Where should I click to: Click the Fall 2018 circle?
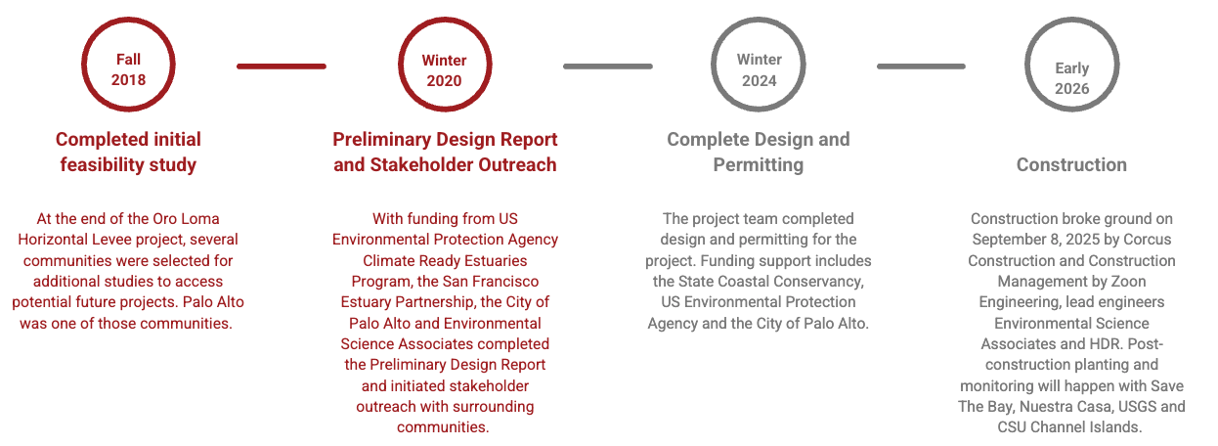click(x=83, y=65)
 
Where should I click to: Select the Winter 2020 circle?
click(x=400, y=65)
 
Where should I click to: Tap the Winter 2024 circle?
click(x=713, y=65)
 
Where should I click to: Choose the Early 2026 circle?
click(x=1027, y=65)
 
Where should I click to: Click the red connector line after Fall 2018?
click(x=282, y=67)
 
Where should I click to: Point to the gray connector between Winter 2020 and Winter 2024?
click(x=607, y=67)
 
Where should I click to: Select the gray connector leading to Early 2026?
click(x=921, y=67)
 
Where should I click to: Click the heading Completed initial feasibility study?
click(x=128, y=152)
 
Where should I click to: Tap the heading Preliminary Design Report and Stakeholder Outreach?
click(x=445, y=152)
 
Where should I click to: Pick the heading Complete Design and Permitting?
click(x=759, y=152)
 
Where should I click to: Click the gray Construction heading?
click(x=1071, y=164)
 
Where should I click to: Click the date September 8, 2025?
click(x=1033, y=240)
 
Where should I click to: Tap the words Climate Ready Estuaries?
click(x=445, y=260)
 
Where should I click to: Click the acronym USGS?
click(x=1138, y=406)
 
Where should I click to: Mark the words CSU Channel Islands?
click(x=1069, y=427)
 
